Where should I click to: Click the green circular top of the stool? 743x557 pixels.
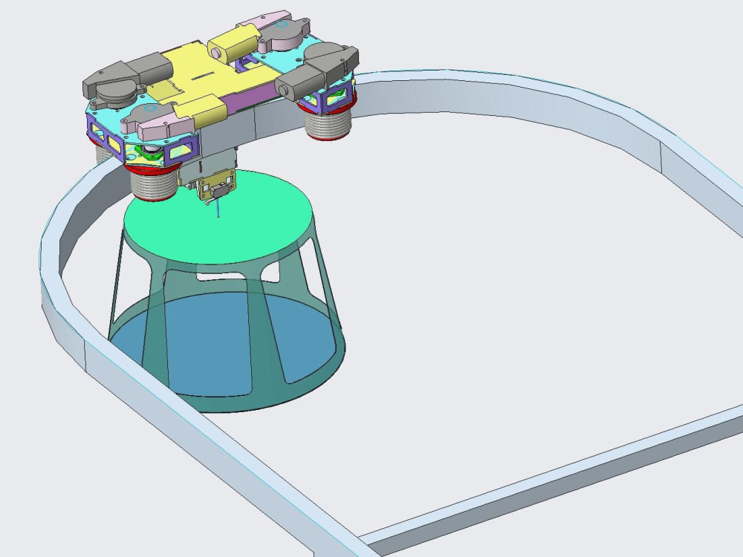pos(223,223)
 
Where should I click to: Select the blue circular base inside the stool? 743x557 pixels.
pos(223,342)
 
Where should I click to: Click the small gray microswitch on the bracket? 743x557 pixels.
pos(218,192)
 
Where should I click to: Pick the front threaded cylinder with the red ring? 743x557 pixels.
pos(154,182)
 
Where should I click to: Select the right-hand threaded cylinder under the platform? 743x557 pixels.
pos(328,119)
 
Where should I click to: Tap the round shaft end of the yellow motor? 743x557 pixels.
pos(218,53)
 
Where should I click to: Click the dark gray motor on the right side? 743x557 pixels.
pos(319,71)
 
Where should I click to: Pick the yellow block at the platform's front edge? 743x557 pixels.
pos(208,111)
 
